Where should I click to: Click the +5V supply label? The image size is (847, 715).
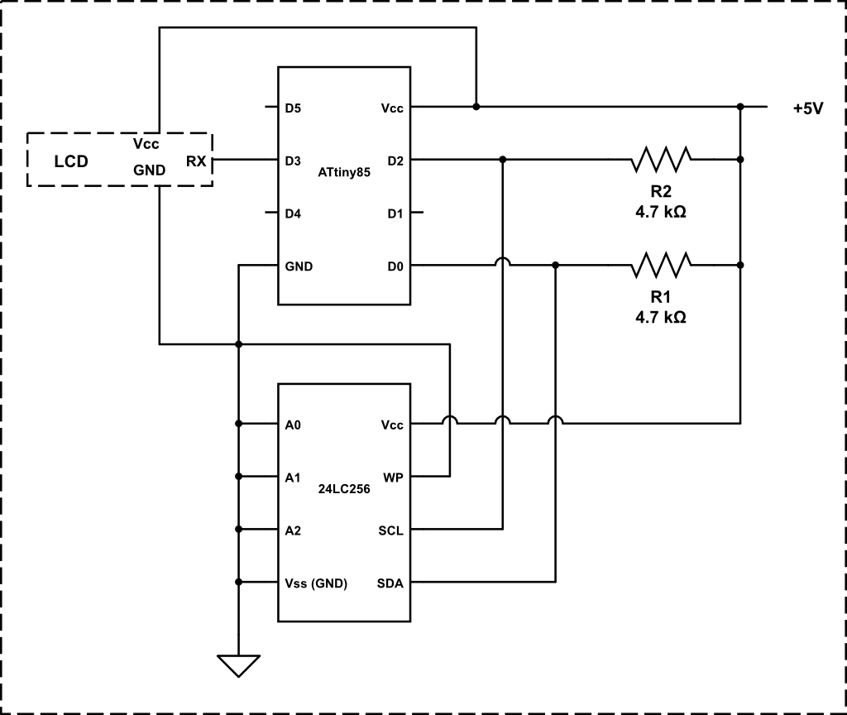pos(807,108)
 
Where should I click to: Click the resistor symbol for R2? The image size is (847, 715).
pos(661,159)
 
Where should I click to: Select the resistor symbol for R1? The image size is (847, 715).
pos(661,265)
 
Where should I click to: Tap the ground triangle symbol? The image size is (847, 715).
pos(238,665)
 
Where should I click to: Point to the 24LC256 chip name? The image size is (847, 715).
pos(343,489)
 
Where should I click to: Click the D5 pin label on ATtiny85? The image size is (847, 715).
pos(293,108)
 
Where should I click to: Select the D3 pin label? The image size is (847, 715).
pos(293,161)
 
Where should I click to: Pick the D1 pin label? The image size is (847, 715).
pos(395,214)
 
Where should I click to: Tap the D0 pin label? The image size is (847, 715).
pos(395,266)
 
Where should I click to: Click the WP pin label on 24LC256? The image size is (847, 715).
pos(393,477)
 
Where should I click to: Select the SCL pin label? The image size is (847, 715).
pos(390,530)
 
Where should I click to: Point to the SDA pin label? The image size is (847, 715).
pos(390,583)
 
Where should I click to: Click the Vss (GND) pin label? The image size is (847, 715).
pos(315,583)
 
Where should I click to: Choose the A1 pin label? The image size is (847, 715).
pos(292,477)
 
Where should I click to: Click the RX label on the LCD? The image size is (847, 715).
pos(196,161)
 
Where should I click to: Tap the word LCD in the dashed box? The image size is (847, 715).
pos(71,161)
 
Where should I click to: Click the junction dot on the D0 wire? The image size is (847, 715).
pos(556,265)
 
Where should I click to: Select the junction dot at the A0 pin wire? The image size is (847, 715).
pos(238,424)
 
